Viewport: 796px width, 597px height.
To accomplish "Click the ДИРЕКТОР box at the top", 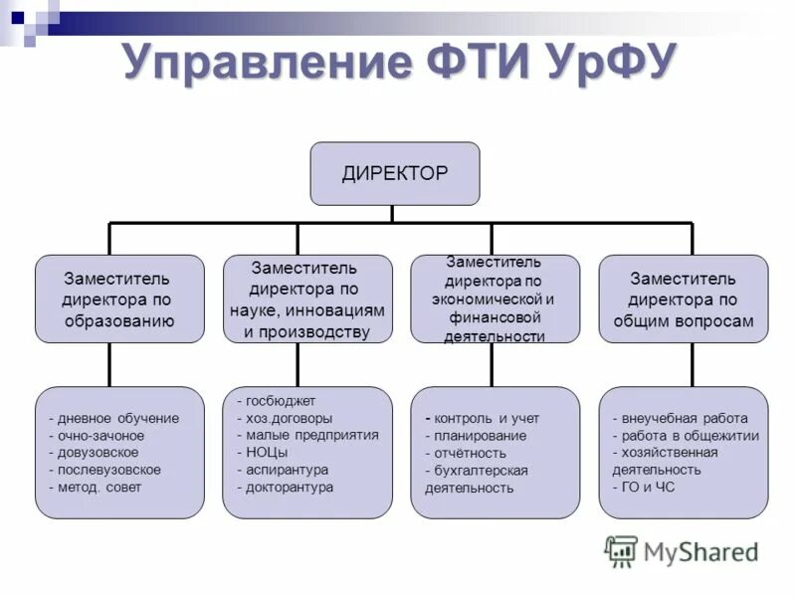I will point(395,173).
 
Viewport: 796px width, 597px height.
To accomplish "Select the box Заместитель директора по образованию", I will point(119,298).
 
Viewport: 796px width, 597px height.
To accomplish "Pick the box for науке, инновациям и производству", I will point(306,298).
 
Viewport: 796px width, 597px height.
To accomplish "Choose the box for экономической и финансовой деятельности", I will point(495,298).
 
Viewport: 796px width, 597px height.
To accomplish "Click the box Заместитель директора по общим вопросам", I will point(683,298).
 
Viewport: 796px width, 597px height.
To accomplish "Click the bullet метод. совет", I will point(99,487).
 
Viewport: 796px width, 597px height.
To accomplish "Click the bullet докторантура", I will point(290,487).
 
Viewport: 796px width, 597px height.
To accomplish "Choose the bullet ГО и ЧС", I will point(647,487).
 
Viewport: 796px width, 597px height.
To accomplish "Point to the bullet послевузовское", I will point(108,470).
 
